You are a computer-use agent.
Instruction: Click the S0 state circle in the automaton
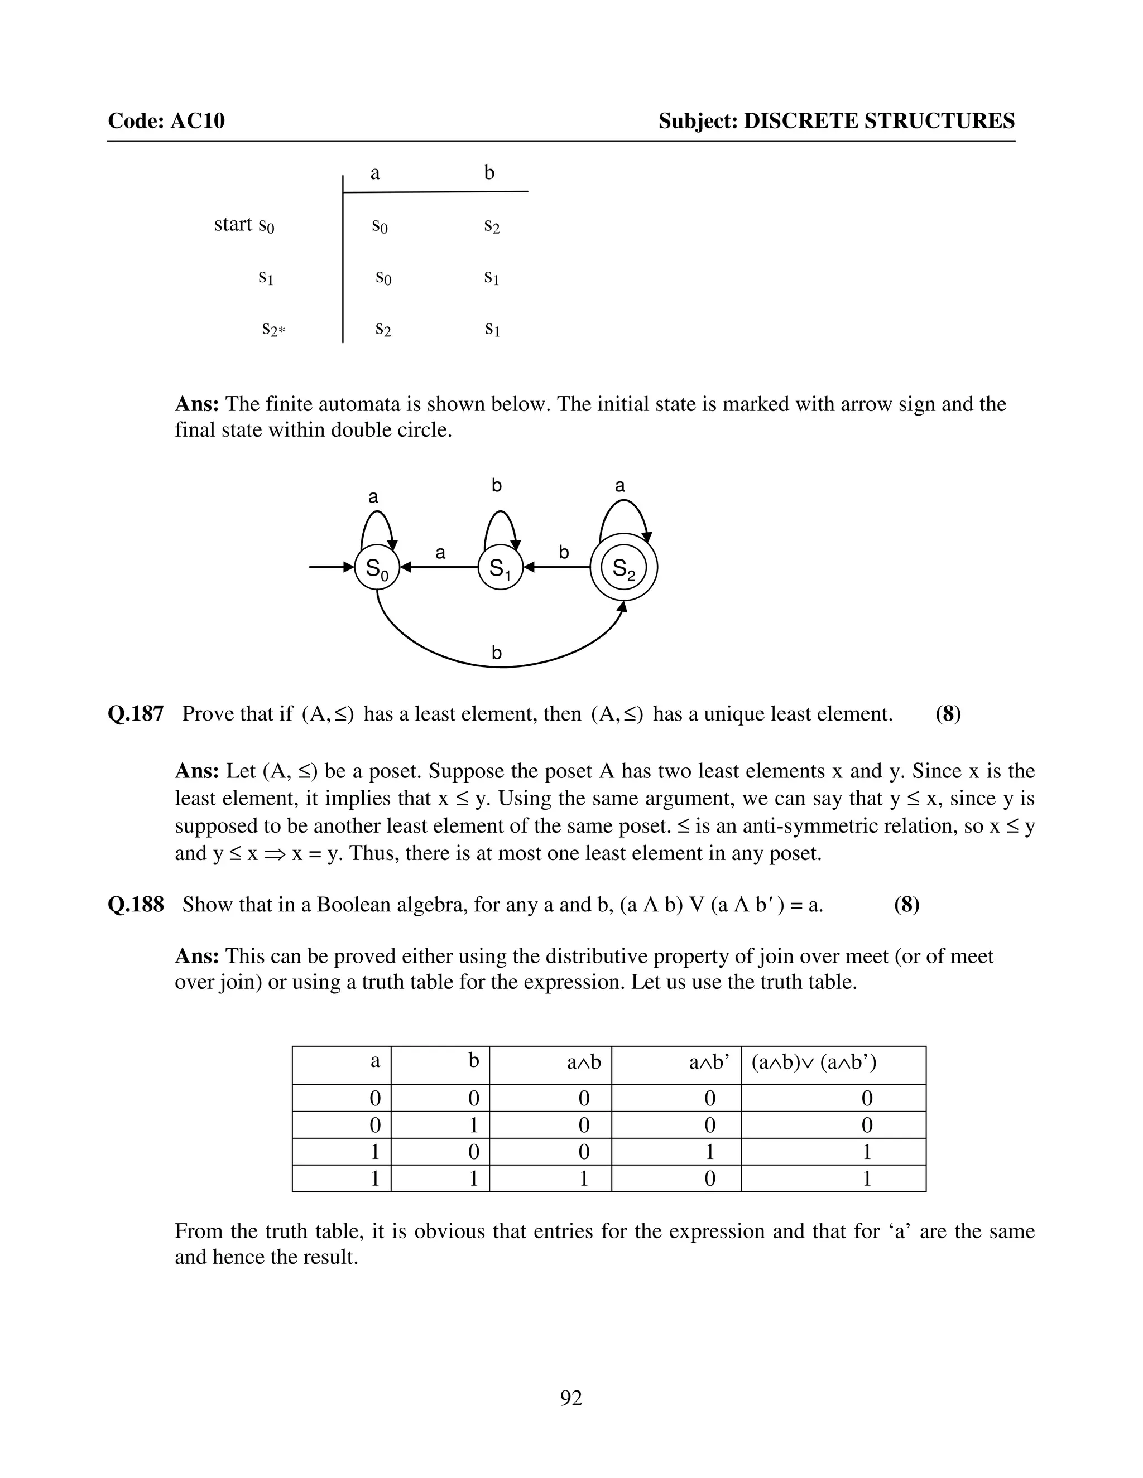click(377, 567)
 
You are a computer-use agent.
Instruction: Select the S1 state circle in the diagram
click(501, 567)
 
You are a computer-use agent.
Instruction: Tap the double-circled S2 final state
click(623, 567)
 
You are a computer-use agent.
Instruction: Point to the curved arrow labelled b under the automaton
click(498, 665)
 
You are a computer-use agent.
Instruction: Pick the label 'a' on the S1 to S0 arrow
click(441, 553)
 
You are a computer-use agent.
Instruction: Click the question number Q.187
click(136, 714)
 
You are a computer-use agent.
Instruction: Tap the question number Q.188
click(136, 905)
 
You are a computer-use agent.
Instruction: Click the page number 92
click(571, 1398)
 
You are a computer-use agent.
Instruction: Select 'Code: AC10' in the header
click(166, 121)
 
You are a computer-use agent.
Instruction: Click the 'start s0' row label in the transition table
click(244, 225)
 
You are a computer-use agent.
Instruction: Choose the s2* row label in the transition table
click(273, 330)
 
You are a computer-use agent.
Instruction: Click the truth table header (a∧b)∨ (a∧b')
click(814, 1062)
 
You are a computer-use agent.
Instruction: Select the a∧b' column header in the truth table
click(709, 1062)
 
